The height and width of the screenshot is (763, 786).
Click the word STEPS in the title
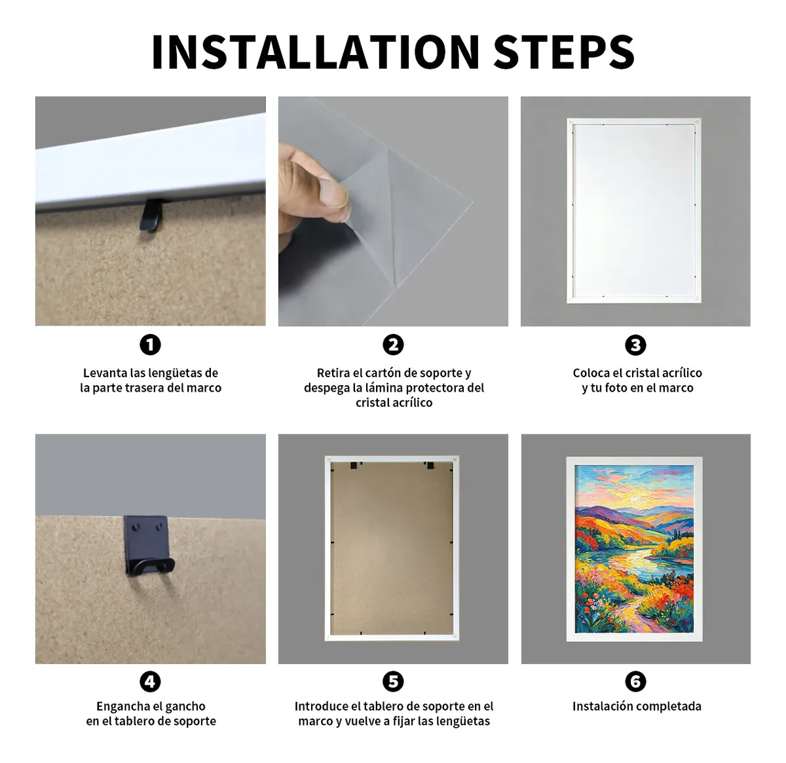[x=564, y=52]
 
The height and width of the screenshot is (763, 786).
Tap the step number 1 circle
[x=150, y=345]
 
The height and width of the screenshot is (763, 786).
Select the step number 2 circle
[x=393, y=345]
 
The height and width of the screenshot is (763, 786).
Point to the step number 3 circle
[x=635, y=345]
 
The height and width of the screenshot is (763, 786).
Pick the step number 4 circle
[x=150, y=682]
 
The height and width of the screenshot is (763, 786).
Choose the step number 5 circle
[x=393, y=682]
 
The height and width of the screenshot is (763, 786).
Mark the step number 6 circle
[x=635, y=682]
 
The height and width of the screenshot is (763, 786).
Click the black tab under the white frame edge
[x=150, y=215]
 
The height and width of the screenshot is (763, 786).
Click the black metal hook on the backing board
[x=148, y=546]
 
